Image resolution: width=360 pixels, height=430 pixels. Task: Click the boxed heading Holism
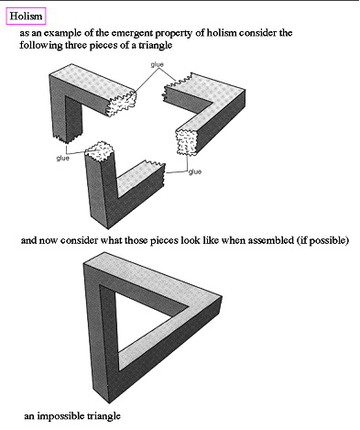(26, 16)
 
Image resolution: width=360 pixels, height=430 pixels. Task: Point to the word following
(38, 45)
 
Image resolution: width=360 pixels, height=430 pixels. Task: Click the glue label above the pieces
(157, 64)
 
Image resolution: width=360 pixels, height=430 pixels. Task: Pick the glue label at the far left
(62, 158)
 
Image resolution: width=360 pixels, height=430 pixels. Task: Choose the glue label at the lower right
(195, 171)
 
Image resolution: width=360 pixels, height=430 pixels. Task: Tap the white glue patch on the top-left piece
(122, 104)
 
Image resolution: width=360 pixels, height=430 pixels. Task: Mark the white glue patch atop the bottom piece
(99, 150)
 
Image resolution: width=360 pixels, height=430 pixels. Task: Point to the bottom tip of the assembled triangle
(109, 402)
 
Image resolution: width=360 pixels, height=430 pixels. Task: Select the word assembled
(271, 240)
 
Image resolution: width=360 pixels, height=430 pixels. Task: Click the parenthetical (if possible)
(322, 241)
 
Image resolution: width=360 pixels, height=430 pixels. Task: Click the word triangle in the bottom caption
(104, 416)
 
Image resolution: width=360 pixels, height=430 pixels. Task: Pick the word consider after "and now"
(79, 240)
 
